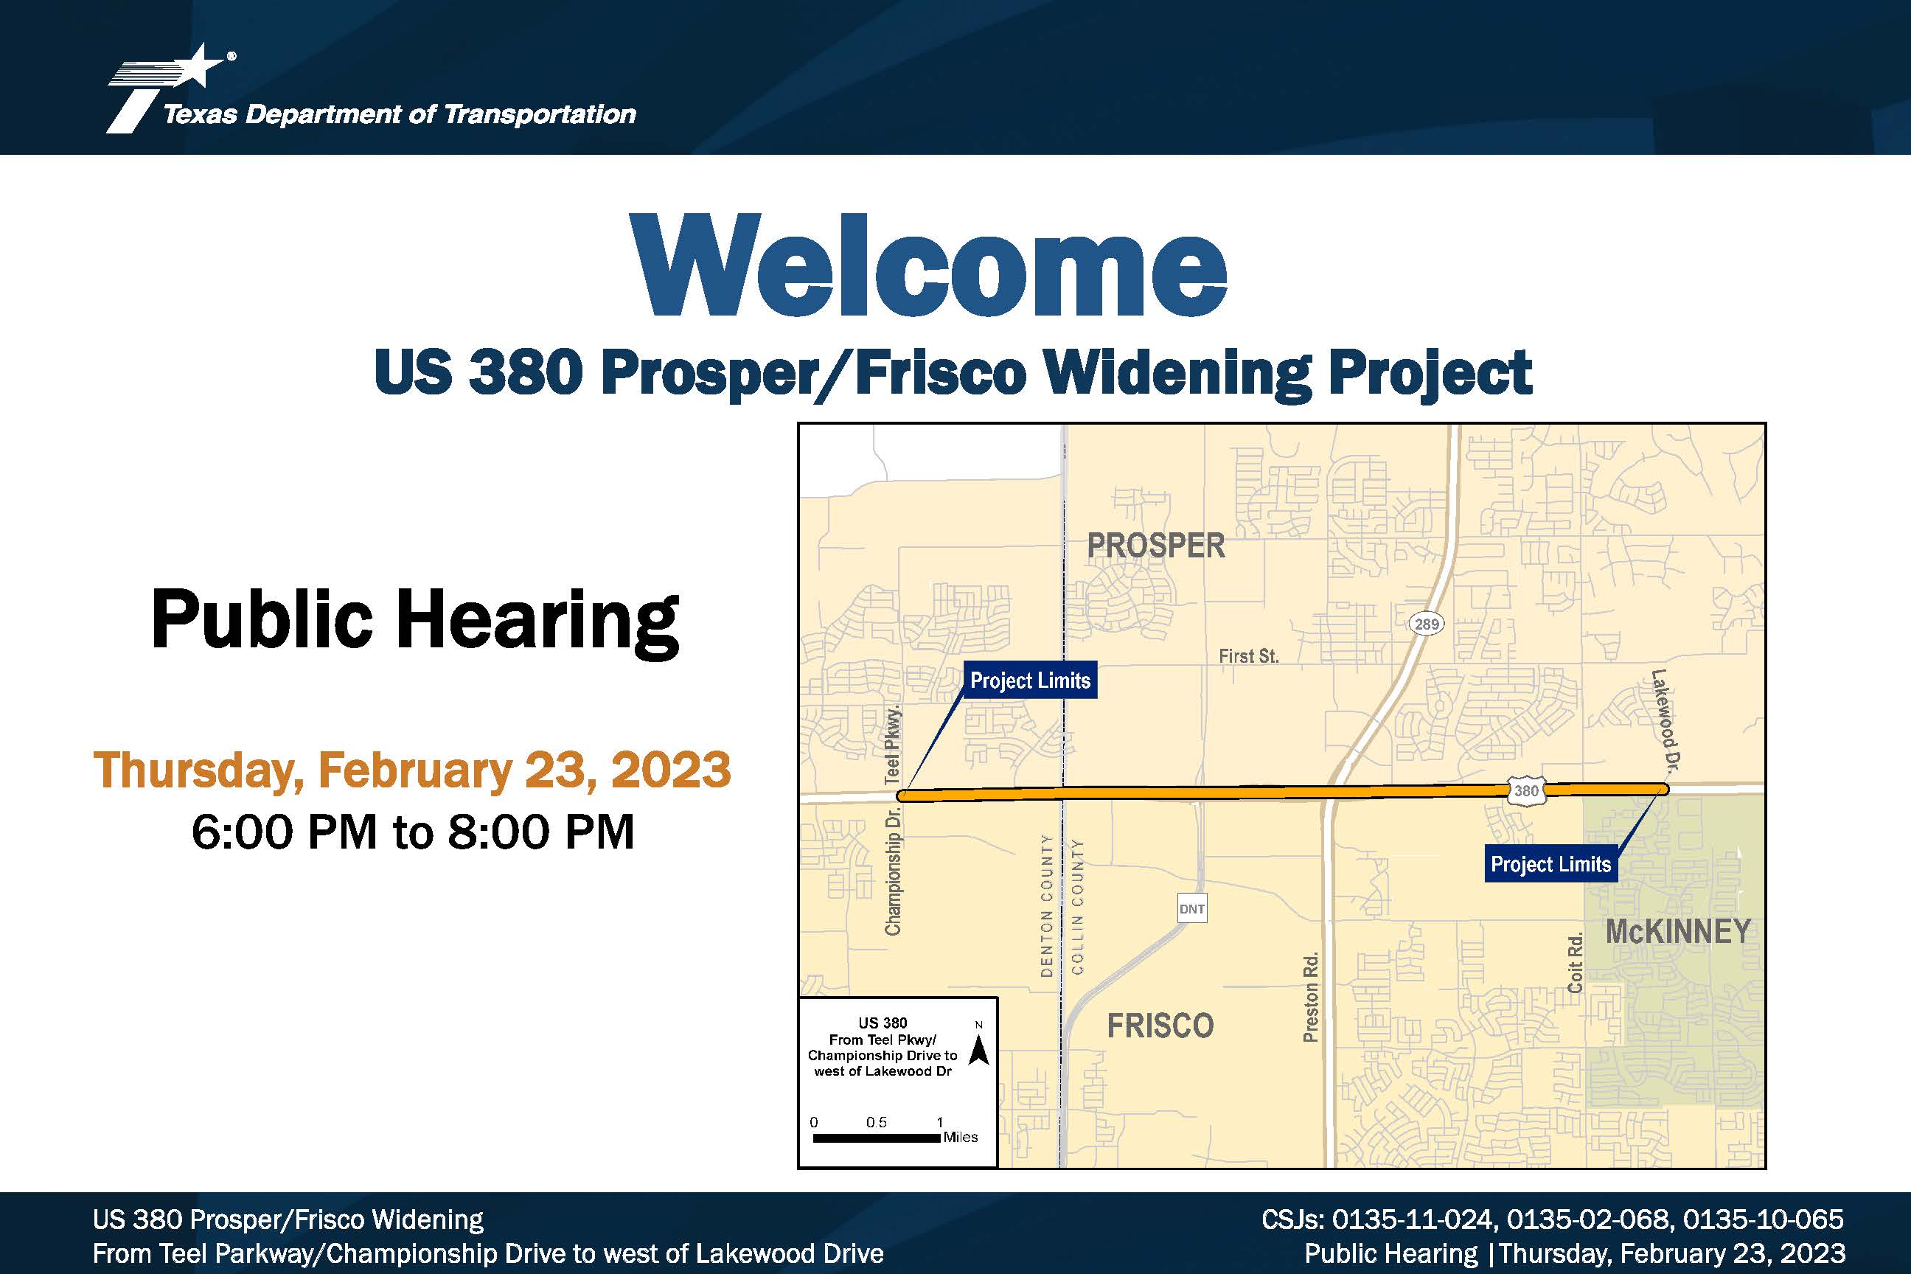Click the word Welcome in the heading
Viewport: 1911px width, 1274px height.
pos(928,265)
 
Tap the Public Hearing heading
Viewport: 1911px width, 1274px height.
pos(415,620)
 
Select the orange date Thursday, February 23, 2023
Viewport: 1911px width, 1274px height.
pos(412,770)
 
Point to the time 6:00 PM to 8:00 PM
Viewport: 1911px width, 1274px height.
pos(413,831)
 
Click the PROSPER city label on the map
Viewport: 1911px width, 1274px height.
pos(1156,545)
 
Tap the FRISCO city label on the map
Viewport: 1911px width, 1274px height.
pos(1160,1026)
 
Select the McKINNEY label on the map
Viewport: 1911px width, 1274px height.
pos(1678,931)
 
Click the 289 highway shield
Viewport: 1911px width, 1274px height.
pos(1426,624)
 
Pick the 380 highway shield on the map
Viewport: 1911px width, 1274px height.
pos(1526,790)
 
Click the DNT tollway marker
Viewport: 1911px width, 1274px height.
pos(1192,908)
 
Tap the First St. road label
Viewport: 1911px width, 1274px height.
pos(1249,655)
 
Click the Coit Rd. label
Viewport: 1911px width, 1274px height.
pos(1575,963)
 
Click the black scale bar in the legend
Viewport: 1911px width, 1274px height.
pos(877,1138)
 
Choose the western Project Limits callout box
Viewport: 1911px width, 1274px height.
pos(1030,680)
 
